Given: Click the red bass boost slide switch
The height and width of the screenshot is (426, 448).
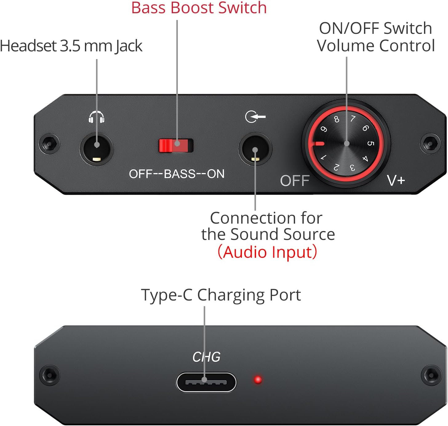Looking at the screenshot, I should click(176, 145).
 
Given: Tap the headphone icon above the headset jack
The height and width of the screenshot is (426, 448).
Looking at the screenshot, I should click(97, 117).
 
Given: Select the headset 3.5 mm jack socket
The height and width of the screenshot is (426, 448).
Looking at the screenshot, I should click(97, 149).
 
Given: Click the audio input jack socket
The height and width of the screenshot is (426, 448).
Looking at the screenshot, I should click(255, 149).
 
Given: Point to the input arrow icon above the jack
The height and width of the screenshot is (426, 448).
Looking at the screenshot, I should click(255, 117).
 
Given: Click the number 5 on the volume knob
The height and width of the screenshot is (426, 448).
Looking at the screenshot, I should click(370, 143).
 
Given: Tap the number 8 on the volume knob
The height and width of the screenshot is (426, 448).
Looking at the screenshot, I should click(337, 119).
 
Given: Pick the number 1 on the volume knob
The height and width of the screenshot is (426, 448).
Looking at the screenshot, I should click(323, 157).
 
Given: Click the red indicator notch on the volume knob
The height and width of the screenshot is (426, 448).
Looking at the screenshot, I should click(318, 143).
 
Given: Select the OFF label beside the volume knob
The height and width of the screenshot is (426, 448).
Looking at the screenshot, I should click(294, 181).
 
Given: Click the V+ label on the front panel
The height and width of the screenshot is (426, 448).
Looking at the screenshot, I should click(396, 181).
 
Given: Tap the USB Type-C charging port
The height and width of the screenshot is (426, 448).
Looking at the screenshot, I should click(206, 382).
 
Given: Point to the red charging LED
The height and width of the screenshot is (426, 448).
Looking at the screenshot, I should click(258, 380).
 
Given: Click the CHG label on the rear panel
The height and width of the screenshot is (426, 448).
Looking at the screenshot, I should click(206, 357).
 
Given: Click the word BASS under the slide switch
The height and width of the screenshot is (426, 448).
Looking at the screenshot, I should click(180, 174).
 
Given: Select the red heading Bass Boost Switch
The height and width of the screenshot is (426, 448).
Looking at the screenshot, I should click(199, 8).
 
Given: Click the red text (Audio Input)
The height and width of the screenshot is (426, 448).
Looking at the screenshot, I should click(267, 252).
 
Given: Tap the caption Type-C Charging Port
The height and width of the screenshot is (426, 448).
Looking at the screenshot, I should click(221, 295).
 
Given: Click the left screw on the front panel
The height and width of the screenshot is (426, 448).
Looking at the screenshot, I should click(49, 143).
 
